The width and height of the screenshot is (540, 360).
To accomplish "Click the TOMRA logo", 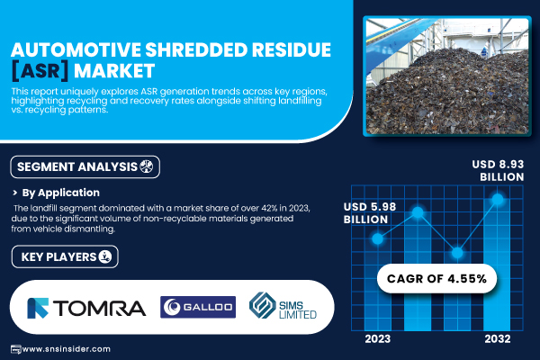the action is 86,308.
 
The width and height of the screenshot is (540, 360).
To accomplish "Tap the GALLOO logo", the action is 198,307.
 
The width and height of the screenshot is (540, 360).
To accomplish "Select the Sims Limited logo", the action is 283,306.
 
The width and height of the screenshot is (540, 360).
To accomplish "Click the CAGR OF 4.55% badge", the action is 436,278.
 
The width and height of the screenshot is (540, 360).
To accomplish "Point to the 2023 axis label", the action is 378,339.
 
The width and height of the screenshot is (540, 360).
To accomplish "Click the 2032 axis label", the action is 498,339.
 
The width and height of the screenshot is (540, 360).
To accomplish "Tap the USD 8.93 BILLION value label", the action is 499,170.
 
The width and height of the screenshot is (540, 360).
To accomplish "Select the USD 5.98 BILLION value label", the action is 370,213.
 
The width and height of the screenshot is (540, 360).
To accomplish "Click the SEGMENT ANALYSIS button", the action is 85,166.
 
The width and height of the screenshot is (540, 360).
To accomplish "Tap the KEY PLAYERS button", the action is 65,256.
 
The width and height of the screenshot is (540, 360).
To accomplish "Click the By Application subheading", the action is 60,193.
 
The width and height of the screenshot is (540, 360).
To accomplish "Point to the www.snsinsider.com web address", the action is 66,349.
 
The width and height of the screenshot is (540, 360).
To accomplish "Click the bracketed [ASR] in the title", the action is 40,71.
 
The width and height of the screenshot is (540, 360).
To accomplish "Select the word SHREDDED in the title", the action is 196,49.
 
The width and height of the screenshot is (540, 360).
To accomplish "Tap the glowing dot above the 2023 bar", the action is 378,238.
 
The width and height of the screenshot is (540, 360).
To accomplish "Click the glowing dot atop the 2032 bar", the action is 498,199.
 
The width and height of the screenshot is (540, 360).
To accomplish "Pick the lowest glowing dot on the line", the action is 457,253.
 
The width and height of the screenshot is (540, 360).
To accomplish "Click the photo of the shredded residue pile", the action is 447,76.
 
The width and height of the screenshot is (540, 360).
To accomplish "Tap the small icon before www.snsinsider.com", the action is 16,349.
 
